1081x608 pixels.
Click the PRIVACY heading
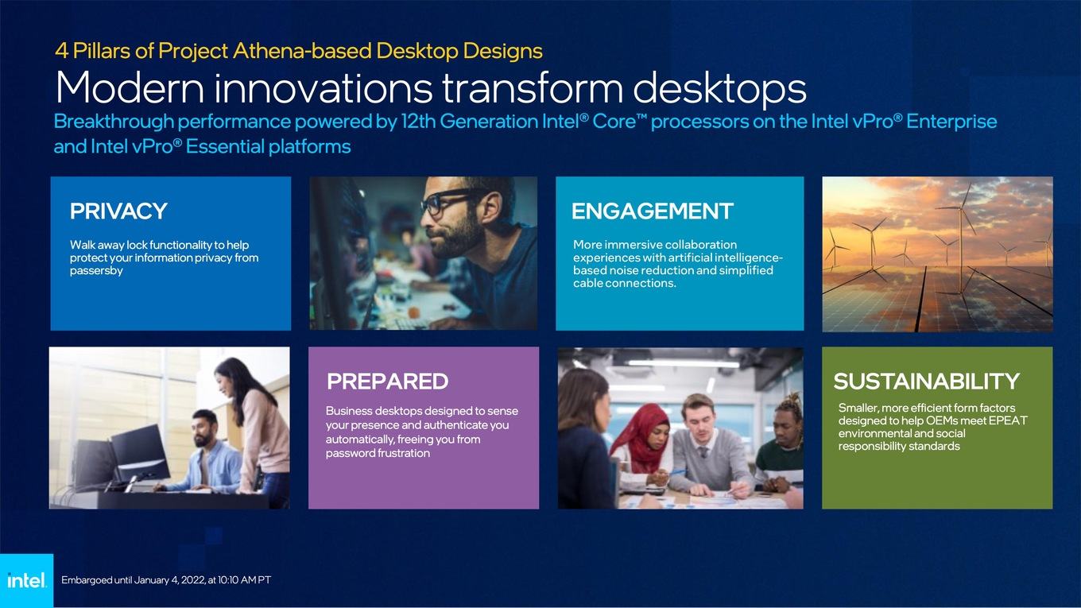pyautogui.click(x=118, y=211)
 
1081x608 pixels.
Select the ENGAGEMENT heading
pyautogui.click(x=653, y=211)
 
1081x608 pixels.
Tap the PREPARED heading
pyautogui.click(x=388, y=381)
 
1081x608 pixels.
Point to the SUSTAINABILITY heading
pyautogui.click(x=927, y=381)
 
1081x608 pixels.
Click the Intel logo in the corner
pyautogui.click(x=26, y=580)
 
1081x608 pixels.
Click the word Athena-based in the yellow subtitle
pyautogui.click(x=302, y=51)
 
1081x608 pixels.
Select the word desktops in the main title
pyautogui.click(x=719, y=87)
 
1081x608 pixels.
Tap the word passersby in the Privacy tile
pyautogui.click(x=96, y=270)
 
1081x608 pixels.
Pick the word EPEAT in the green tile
pyautogui.click(x=1008, y=420)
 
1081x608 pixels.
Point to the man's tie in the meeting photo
pyautogui.click(x=703, y=453)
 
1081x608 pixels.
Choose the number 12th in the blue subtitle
pyautogui.click(x=418, y=121)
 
